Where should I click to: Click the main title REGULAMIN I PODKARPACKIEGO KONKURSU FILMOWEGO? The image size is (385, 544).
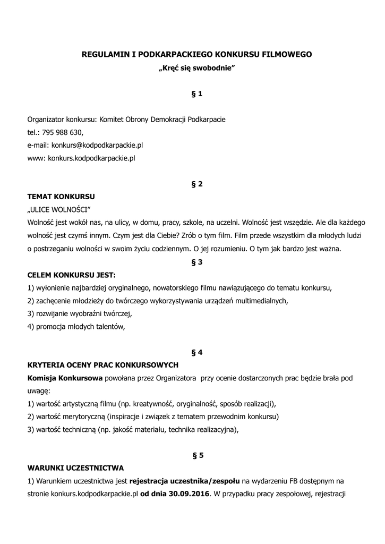coord(196,54)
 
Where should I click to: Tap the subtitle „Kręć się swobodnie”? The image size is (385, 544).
coord(196,69)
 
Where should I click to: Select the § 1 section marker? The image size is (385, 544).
coord(196,94)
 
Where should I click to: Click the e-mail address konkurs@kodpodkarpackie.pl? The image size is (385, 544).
coord(97,145)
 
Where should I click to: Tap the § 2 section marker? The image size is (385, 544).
coord(196,184)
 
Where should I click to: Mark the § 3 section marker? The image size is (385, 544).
coord(196,262)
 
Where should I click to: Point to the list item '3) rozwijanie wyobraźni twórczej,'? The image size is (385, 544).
coord(79,313)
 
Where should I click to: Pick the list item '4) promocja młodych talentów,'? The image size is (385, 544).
coord(76,327)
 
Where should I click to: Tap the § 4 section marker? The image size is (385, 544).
coord(196,352)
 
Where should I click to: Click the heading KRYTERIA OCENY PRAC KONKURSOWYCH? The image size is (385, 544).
coord(102,365)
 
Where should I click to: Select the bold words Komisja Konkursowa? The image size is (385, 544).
coord(65,378)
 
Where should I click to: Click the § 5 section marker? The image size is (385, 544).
coord(196,455)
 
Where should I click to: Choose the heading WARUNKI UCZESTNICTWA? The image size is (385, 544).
coord(75,468)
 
